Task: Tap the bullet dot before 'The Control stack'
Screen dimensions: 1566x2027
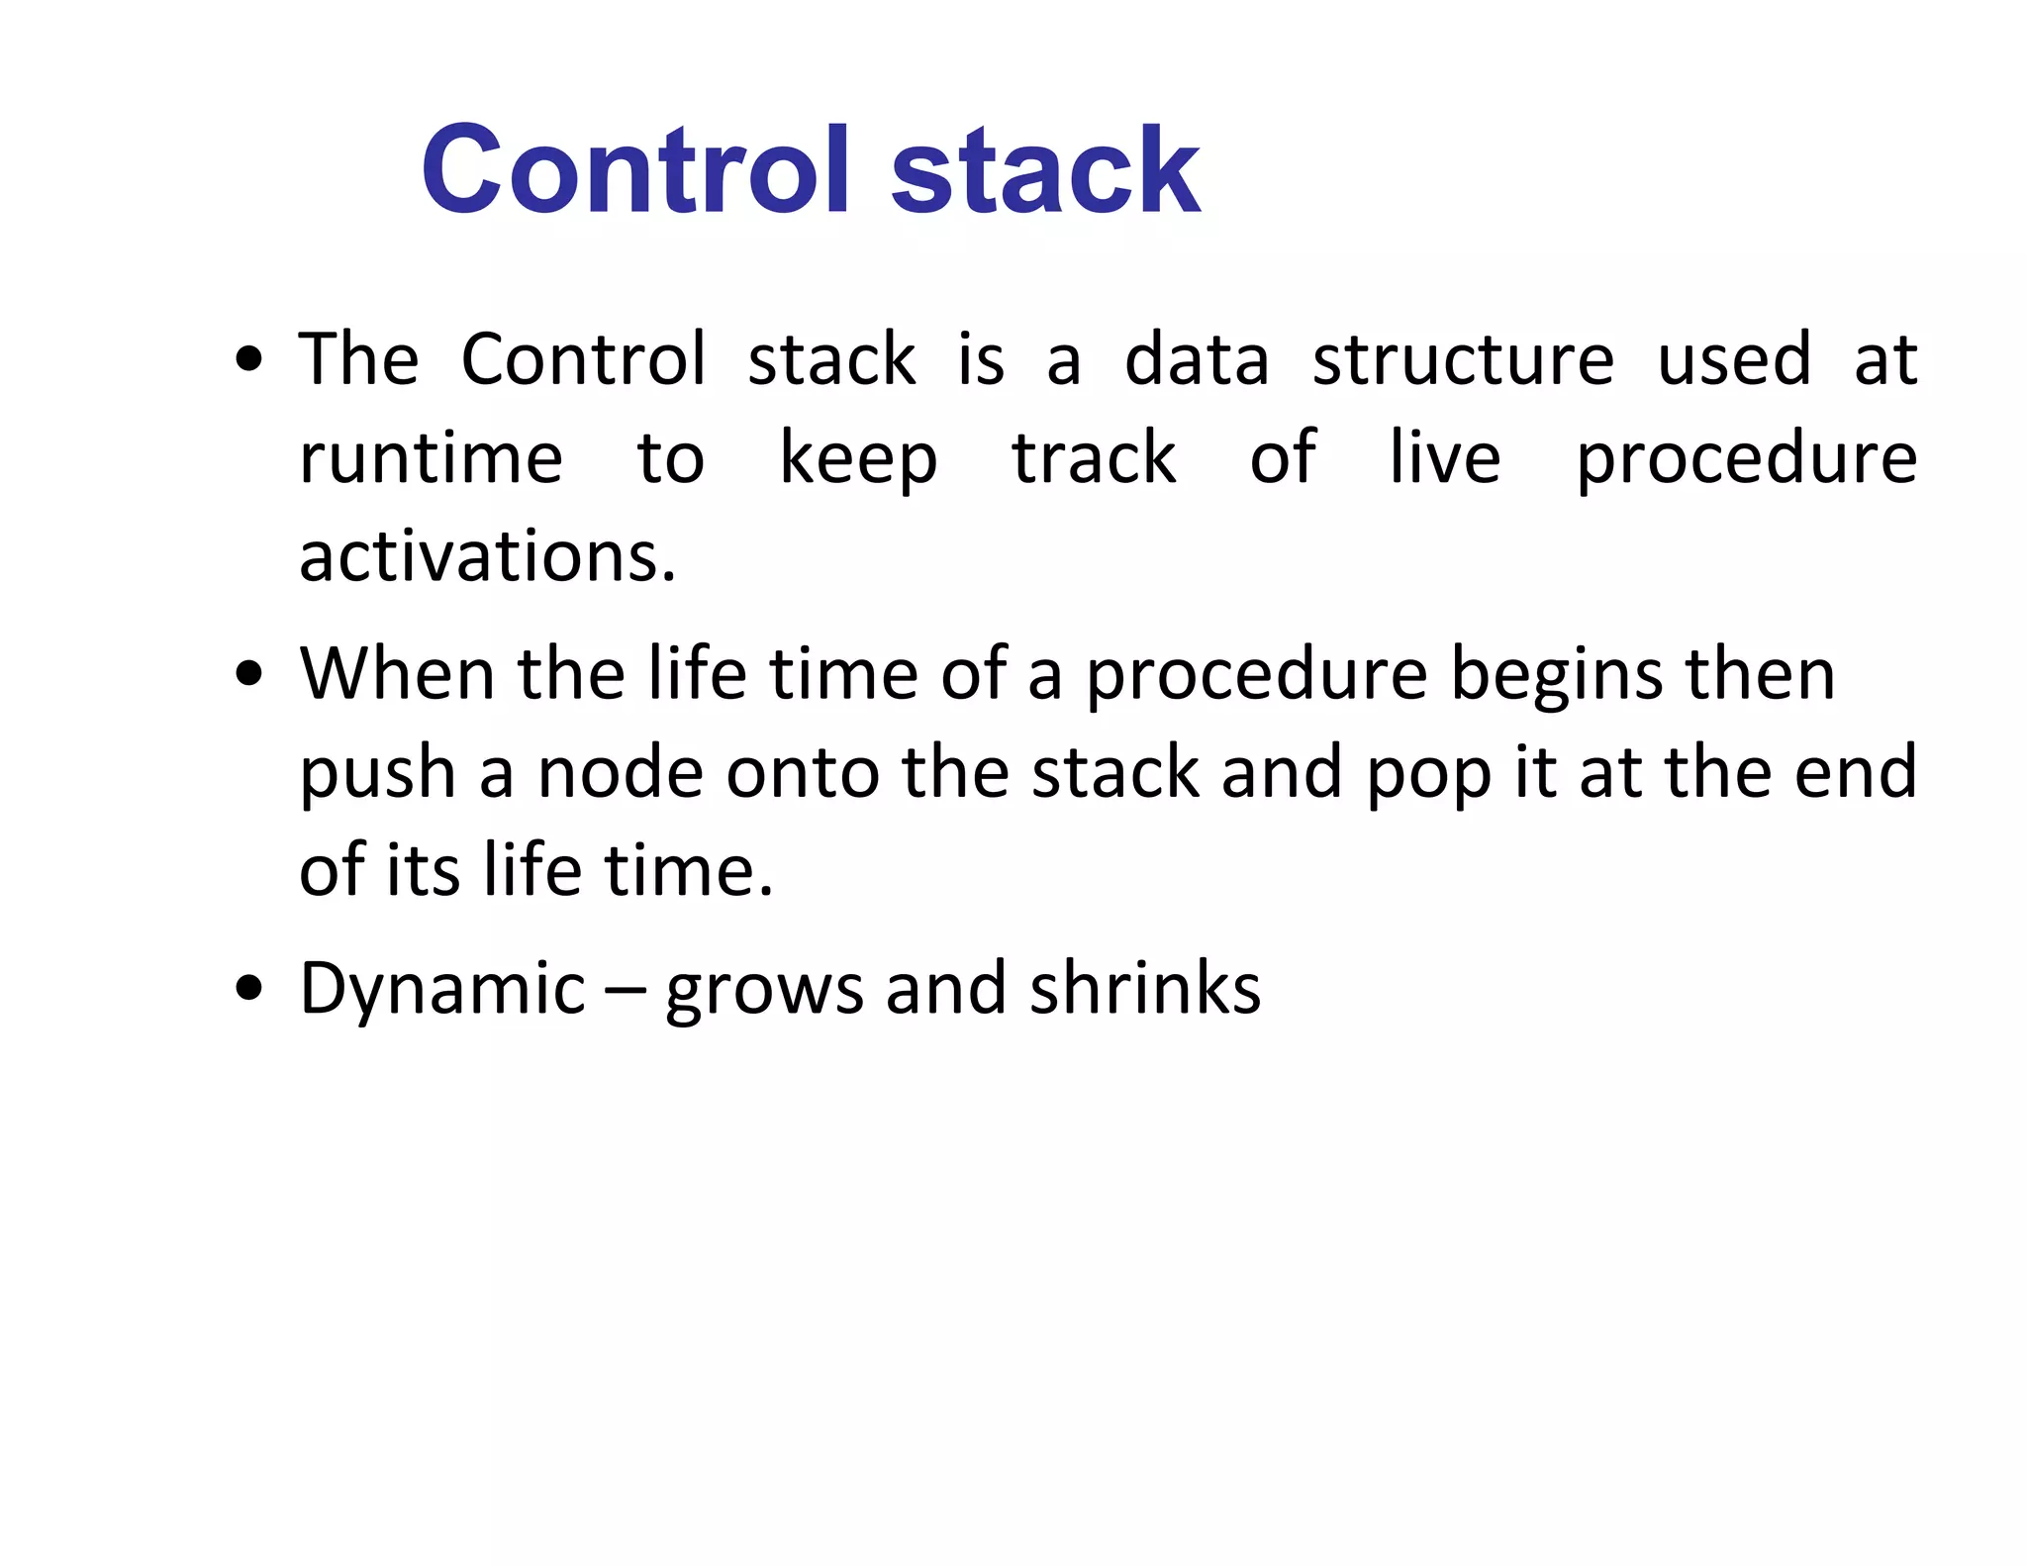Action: [249, 359]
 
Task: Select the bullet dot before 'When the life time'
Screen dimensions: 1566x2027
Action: [249, 674]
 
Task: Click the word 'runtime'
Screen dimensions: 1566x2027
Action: [431, 458]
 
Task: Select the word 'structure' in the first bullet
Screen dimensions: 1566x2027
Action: [1463, 359]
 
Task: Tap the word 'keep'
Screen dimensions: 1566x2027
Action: [858, 460]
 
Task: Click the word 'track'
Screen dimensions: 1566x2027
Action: [1094, 458]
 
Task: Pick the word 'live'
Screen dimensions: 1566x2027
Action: [1445, 458]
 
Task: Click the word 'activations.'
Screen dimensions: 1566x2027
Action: [487, 556]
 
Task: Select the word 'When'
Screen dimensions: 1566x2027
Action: [397, 674]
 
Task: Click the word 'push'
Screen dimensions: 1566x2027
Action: [377, 774]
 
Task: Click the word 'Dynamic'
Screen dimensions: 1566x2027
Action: [442, 990]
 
